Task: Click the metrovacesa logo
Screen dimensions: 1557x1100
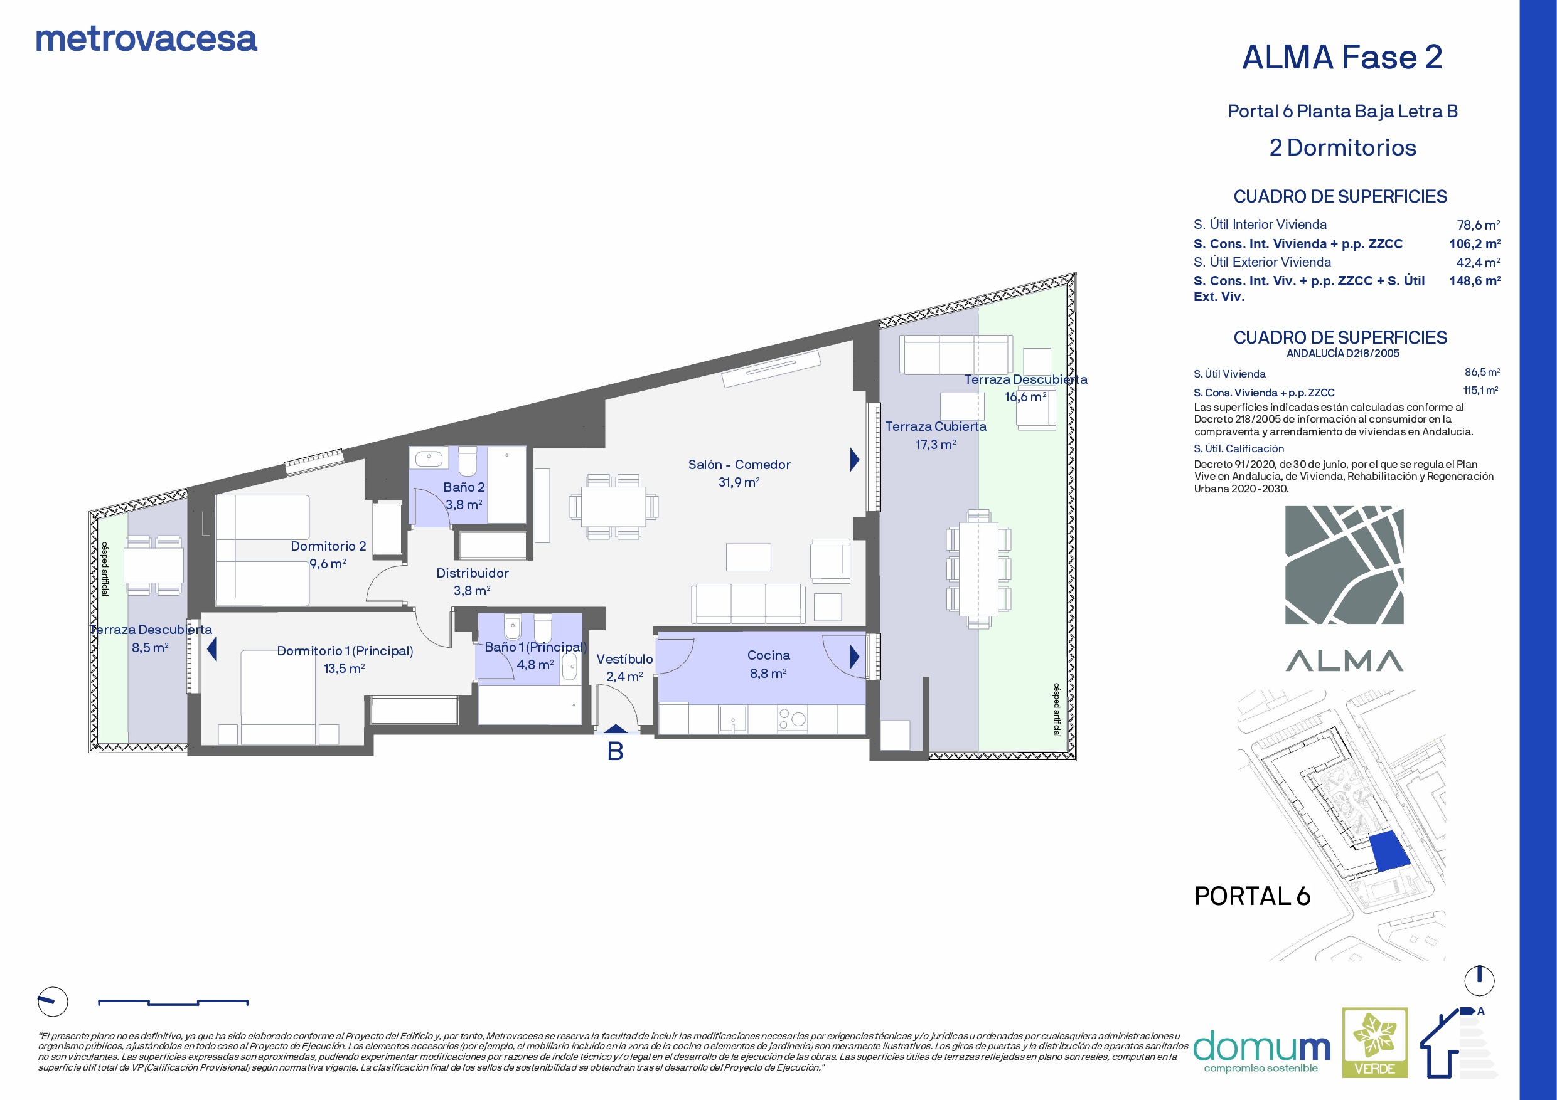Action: [x=146, y=40]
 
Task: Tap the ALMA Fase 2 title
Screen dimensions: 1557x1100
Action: [x=1342, y=57]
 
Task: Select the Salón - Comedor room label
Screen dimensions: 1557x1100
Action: [x=739, y=464]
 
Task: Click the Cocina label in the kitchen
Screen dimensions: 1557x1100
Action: [x=768, y=655]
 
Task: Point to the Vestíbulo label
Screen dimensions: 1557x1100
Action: [x=624, y=658]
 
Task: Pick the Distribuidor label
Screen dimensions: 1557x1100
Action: [x=472, y=573]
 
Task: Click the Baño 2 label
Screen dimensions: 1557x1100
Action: [x=464, y=487]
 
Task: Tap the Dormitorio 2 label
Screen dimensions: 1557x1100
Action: [x=328, y=546]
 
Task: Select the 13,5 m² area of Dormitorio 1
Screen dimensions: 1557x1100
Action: [x=345, y=669]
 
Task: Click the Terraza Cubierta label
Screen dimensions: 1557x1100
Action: [x=936, y=426]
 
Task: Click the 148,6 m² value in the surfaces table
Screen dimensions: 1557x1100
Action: [x=1475, y=280]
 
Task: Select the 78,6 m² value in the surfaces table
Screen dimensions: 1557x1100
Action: [x=1479, y=225]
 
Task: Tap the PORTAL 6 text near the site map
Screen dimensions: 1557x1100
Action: [x=1252, y=896]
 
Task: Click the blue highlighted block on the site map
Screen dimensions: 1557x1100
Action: [x=1389, y=850]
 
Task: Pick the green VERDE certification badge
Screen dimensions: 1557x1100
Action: [x=1375, y=1042]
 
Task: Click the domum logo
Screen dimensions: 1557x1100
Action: [x=1261, y=1051]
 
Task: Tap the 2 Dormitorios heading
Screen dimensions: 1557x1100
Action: [x=1343, y=148]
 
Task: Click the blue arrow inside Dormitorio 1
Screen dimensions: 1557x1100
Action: [x=211, y=648]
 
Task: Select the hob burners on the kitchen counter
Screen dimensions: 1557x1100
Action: [x=792, y=719]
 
